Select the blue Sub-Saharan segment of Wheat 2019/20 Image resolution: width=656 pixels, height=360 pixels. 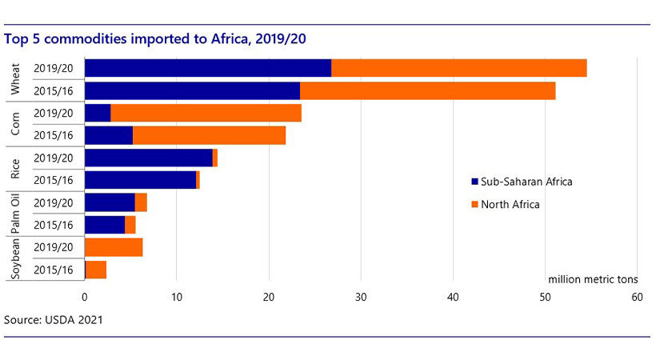pos(207,68)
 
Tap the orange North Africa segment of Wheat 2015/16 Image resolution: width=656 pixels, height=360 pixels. pos(427,90)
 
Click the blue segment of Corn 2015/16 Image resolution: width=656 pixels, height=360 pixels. pos(108,136)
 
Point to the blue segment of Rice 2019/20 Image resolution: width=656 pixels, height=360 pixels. pos(148,158)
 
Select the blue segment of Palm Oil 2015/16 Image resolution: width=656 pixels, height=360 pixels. pos(104,226)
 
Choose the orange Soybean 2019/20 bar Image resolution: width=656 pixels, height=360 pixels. pos(114,248)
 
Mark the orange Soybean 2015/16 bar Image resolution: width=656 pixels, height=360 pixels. pos(96,270)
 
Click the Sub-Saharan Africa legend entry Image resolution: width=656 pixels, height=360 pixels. pos(522,181)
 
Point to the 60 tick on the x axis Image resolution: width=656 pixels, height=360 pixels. pos(637,296)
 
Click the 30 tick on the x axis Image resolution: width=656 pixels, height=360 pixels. pos(361,296)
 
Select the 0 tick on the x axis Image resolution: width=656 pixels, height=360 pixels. pos(85,296)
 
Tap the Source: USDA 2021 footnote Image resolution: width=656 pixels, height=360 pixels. pos(54,320)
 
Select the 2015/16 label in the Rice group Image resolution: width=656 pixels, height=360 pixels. pos(54,181)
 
